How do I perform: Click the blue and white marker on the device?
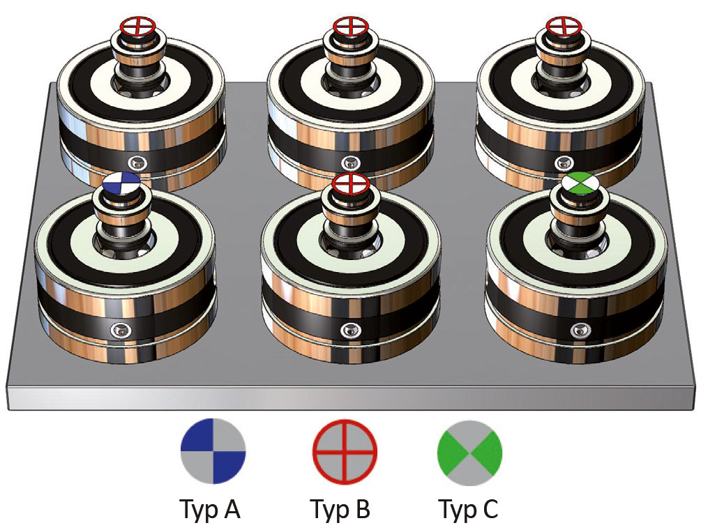tap(121, 183)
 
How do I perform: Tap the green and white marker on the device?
tap(579, 183)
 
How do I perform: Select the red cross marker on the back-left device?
tap(137, 26)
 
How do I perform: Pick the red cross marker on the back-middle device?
tap(350, 26)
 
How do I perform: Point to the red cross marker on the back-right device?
tap(564, 26)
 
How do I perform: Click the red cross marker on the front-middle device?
tap(351, 183)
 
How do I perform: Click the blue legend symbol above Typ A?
tap(213, 451)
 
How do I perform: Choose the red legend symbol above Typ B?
tap(345, 452)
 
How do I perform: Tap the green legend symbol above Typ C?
tap(469, 453)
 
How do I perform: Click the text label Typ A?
tap(210, 510)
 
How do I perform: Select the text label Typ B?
tap(340, 510)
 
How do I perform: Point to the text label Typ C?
tap(469, 510)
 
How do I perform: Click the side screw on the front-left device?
tap(121, 330)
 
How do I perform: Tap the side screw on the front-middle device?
tap(351, 331)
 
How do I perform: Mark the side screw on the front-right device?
tap(578, 331)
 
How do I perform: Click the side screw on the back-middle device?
tap(350, 163)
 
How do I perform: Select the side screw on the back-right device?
tap(564, 162)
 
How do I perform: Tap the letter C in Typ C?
tap(490, 508)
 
